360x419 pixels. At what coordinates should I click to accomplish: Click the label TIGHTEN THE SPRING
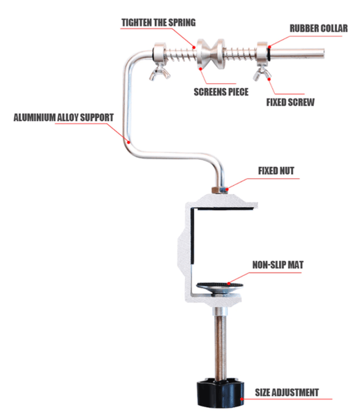coord(158,22)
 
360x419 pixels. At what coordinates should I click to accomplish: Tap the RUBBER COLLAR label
coord(319,29)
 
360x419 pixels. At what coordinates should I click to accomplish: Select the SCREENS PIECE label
coord(221,92)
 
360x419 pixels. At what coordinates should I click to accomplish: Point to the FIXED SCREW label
coord(290,103)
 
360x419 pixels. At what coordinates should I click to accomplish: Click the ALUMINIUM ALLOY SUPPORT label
coord(63,117)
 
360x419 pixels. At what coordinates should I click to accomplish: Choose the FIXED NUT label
coord(276,171)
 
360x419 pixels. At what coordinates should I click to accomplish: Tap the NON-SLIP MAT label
coord(278,265)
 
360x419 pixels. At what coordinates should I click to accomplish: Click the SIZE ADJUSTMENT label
coord(287,392)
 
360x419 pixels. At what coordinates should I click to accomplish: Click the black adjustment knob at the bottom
coord(220,392)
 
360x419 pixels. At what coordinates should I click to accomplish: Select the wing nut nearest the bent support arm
coord(160,72)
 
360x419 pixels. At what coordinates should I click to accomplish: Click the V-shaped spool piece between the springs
coord(211,54)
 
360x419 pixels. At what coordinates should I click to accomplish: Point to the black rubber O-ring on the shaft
coord(269,53)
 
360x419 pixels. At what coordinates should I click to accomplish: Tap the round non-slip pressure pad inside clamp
coord(220,288)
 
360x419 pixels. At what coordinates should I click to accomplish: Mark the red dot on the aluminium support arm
coord(129,142)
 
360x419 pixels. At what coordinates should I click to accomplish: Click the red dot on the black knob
coord(241,399)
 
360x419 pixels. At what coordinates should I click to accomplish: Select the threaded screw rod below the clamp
coord(220,344)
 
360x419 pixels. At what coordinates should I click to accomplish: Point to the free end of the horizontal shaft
coord(324,53)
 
